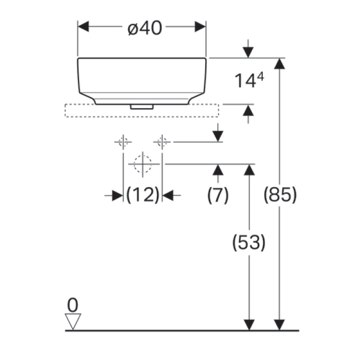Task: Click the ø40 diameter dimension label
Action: pyautogui.click(x=145, y=29)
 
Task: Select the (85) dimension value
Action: pyautogui.click(x=280, y=195)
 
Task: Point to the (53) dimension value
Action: pyautogui.click(x=249, y=242)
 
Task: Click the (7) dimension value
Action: pyautogui.click(x=218, y=195)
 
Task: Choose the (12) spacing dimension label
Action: pyautogui.click(x=142, y=195)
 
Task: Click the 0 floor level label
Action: pyautogui.click(x=73, y=305)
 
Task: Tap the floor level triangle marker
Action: pyautogui.click(x=74, y=321)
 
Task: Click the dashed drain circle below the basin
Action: pyautogui.click(x=142, y=164)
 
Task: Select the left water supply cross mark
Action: pyautogui.click(x=123, y=141)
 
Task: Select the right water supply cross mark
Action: pyautogui.click(x=162, y=141)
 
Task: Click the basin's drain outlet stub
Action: pyautogui.click(x=141, y=106)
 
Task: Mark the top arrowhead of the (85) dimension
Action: pyautogui.click(x=280, y=64)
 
